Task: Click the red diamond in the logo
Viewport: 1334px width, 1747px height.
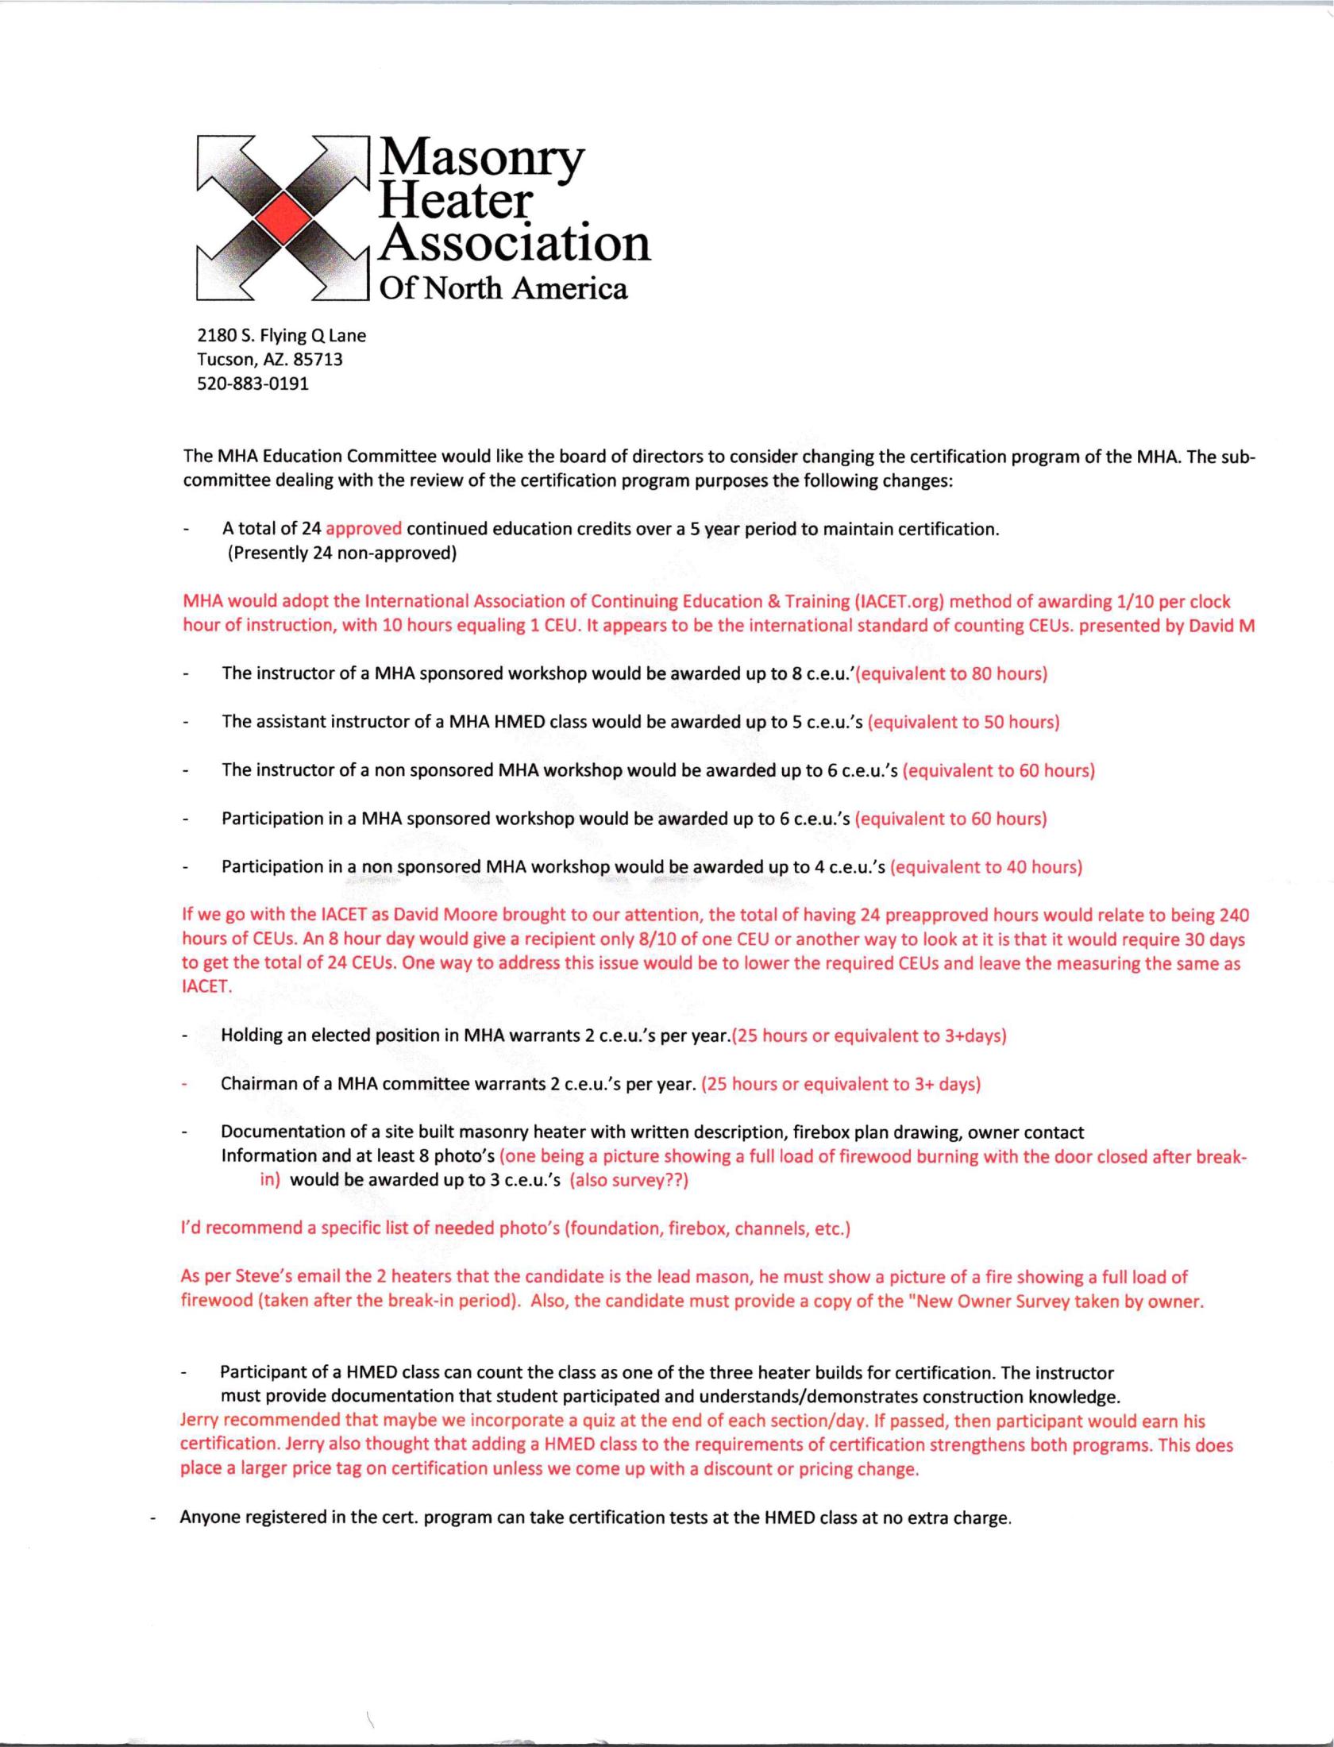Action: [283, 217]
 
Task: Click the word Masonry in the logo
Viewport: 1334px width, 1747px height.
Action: [481, 159]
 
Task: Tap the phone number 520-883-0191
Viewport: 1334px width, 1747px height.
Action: [253, 384]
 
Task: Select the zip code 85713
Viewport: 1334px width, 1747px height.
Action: [318, 359]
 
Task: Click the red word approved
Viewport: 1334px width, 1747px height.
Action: [364, 529]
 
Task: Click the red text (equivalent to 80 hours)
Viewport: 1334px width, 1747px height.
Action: [953, 674]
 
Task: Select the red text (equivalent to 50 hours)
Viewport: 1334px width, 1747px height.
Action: [963, 722]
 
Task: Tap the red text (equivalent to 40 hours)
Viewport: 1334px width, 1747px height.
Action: [986, 867]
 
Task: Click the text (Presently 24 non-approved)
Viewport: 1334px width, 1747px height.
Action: [342, 553]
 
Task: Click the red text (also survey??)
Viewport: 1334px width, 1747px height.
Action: [629, 1180]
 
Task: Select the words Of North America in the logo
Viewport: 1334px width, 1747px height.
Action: [503, 288]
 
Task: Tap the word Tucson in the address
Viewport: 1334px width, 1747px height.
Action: [222, 359]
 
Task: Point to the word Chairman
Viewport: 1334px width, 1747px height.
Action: [258, 1084]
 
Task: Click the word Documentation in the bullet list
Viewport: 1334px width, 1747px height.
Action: [275, 1132]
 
